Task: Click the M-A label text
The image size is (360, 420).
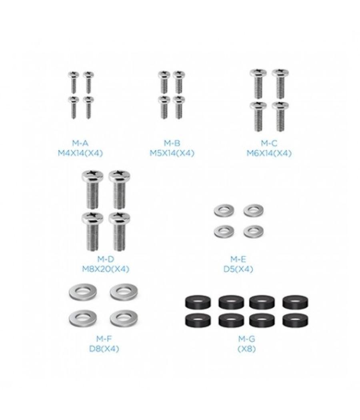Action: pos(80,143)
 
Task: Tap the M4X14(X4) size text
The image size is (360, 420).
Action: pos(80,153)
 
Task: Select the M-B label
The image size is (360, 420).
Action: pos(172,143)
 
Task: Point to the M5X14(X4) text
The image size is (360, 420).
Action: pos(172,153)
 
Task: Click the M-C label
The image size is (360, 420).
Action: pos(269,143)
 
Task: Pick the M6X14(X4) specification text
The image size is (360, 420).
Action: pos(269,153)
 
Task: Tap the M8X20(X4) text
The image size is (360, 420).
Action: pos(106,269)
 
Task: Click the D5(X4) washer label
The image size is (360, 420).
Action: pos(238,269)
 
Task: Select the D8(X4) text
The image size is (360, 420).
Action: pos(104,349)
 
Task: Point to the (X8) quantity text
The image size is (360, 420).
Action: pos(247,349)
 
